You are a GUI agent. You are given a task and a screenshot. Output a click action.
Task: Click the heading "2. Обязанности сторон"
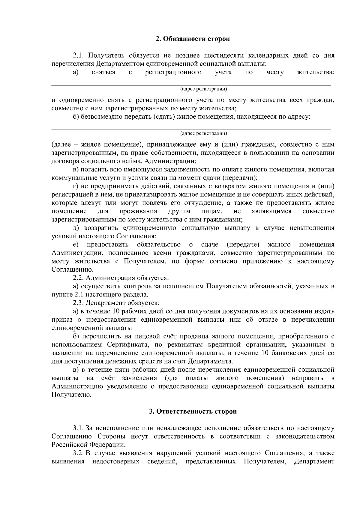193,39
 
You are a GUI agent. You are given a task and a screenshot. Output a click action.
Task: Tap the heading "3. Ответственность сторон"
193,411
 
